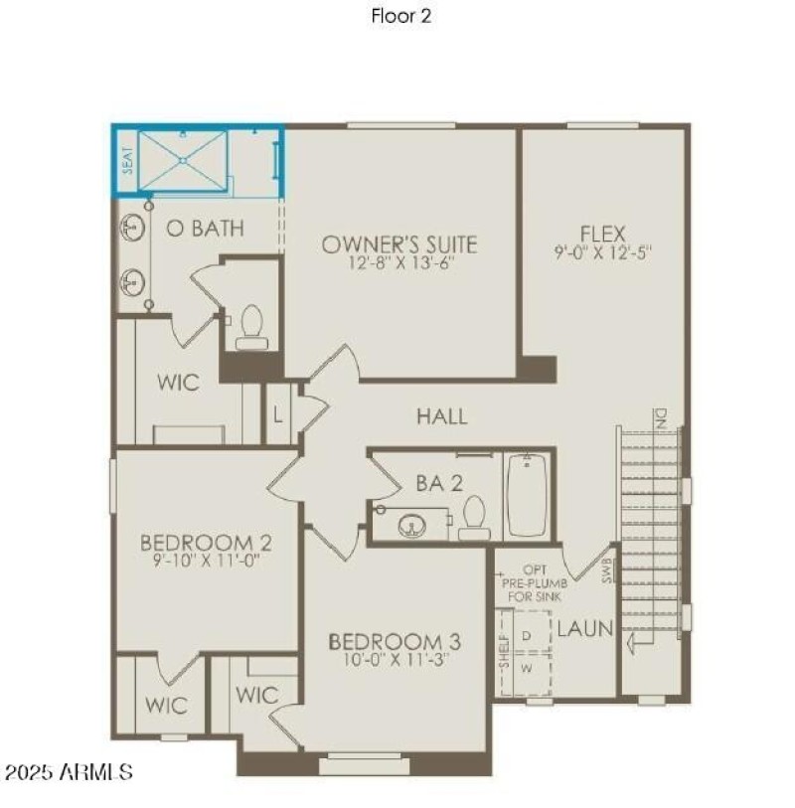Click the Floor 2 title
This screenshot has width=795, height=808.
point(401,16)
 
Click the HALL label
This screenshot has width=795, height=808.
point(441,416)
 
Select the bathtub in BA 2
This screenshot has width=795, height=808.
point(527,495)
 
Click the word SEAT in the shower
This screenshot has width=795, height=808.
point(126,162)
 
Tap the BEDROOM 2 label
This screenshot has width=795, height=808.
point(206,543)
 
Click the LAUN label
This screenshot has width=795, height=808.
point(584,629)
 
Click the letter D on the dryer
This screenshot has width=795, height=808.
point(527,633)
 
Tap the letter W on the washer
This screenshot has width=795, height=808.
point(527,670)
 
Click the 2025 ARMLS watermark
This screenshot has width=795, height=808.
point(69,772)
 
